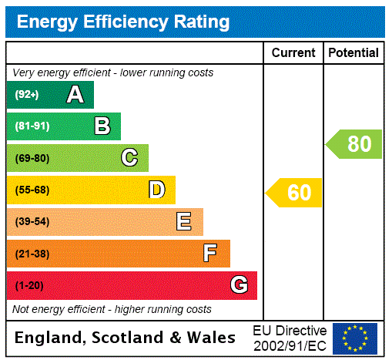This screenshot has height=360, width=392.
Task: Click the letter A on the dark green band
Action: coord(75,95)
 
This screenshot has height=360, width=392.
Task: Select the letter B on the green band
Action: coord(102,126)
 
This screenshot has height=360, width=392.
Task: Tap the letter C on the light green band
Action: coord(129,158)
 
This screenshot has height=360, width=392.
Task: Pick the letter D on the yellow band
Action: coord(157,190)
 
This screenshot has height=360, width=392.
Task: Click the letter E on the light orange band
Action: coord(184,222)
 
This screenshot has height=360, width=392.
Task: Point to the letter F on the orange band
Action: coord(210,254)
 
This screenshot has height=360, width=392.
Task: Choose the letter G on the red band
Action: coord(239,285)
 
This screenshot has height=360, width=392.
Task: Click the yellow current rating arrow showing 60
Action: coord(294,193)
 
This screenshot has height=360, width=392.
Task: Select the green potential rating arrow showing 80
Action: coord(354,144)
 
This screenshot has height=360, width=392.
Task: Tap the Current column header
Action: coord(293,53)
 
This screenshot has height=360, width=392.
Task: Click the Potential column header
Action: coord(353,53)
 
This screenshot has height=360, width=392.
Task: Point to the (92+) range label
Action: coord(27,96)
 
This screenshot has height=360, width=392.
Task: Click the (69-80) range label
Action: coord(32,159)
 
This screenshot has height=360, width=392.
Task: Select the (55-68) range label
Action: coord(32,190)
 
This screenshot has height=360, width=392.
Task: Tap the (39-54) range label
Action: coord(32,222)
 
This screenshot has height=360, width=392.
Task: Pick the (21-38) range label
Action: coord(32,254)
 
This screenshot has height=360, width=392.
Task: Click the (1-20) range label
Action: coord(29,286)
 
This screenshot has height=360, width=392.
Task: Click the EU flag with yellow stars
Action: coord(355,338)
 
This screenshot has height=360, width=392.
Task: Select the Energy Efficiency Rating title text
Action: coord(123,22)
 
